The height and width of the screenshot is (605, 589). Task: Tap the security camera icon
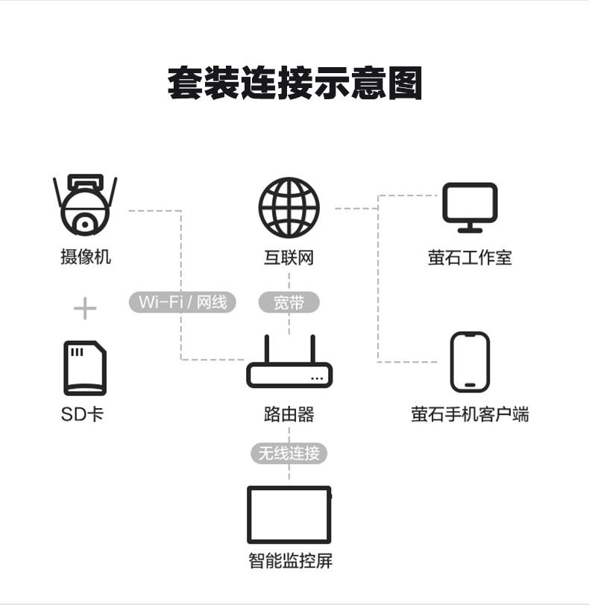click(85, 204)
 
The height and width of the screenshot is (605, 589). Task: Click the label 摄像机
click(85, 257)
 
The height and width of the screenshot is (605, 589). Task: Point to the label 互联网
click(289, 258)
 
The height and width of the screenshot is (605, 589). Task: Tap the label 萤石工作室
click(470, 258)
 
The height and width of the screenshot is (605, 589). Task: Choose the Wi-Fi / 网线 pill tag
click(182, 302)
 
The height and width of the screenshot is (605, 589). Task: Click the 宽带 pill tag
click(289, 302)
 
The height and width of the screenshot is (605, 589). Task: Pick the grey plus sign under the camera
click(85, 308)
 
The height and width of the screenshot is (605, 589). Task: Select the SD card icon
click(85, 368)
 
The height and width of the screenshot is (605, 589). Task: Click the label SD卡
click(83, 414)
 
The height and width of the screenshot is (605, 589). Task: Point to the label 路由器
click(289, 414)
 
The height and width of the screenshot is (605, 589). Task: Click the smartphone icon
click(470, 362)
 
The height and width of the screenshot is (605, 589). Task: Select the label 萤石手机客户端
click(470, 414)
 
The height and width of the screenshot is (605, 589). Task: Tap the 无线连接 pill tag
click(289, 452)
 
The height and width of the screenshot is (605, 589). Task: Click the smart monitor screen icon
click(289, 515)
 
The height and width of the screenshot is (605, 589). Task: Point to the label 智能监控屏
click(289, 561)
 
